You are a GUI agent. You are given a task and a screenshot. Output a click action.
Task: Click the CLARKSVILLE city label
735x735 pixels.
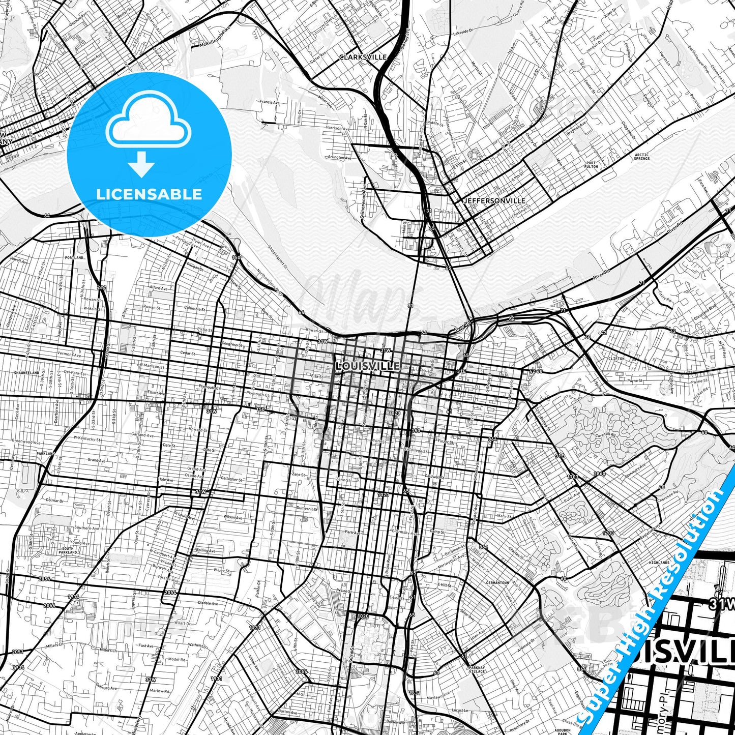(363, 57)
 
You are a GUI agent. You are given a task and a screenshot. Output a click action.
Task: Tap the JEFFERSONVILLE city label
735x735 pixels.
(494, 201)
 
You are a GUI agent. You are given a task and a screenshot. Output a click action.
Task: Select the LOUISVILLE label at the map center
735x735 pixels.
(368, 366)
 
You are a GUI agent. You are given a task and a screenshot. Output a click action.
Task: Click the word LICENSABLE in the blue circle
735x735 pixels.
(149, 194)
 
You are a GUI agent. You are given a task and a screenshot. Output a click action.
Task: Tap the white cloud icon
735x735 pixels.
(149, 120)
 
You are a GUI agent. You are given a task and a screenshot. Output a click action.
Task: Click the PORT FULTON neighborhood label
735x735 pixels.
(591, 165)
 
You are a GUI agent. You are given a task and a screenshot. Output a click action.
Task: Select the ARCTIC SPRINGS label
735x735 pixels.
(641, 157)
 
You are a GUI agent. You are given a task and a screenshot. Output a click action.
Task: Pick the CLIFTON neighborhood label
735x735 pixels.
(616, 359)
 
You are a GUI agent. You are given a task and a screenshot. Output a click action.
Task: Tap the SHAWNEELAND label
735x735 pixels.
(26, 373)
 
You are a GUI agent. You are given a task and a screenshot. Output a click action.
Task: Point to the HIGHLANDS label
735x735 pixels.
(659, 563)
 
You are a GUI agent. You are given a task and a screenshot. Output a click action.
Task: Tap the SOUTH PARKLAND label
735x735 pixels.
(68, 550)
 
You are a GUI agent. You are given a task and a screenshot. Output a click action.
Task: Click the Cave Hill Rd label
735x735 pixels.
(605, 435)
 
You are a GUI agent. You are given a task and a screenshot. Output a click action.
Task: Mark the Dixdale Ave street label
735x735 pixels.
(208, 603)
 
